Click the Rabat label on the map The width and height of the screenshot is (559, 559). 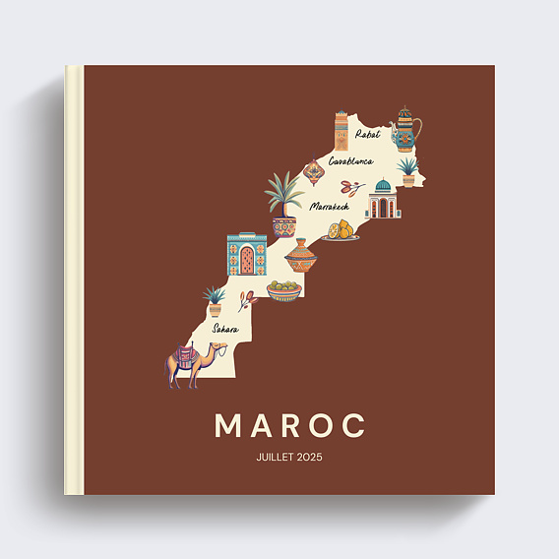[367, 135]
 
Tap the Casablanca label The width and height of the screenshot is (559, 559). [350, 159]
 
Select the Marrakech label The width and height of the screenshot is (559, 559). [329, 207]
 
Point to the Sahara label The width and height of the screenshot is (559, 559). [225, 328]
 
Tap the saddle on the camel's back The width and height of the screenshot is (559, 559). [185, 353]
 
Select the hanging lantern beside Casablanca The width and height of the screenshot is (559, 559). [314, 173]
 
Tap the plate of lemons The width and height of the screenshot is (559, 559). [340, 232]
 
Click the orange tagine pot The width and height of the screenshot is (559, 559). [301, 259]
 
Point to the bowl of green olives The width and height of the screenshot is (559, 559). [283, 290]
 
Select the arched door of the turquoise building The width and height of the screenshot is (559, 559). [247, 262]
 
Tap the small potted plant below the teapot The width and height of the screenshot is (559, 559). [407, 171]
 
